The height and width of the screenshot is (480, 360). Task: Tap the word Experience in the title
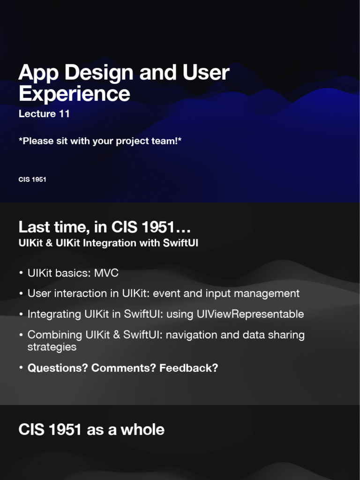click(74, 94)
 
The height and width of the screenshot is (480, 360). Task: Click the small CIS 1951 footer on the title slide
click(32, 180)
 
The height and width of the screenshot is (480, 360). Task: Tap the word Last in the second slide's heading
click(34, 227)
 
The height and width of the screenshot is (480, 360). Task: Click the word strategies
click(52, 347)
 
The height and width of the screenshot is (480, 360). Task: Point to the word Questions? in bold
click(58, 368)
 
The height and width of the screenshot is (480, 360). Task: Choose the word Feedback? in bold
click(189, 368)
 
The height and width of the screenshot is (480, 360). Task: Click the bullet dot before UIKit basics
click(21, 273)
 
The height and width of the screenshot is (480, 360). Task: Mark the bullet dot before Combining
click(21, 335)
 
